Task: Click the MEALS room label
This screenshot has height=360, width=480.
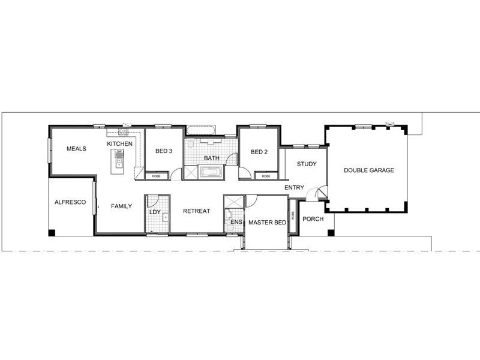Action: tap(76, 149)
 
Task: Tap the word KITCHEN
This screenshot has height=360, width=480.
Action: tap(119, 144)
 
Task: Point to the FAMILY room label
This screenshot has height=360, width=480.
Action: tap(121, 206)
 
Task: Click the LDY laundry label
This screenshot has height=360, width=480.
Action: tap(154, 212)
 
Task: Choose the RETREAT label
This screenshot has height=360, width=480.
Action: tap(196, 211)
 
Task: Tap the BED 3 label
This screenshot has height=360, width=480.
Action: tap(164, 151)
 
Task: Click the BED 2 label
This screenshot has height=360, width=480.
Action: tap(259, 152)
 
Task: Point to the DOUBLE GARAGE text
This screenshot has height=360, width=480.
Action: tap(368, 170)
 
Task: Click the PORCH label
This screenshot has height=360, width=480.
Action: tap(313, 219)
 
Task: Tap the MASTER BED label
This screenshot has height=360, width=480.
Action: tap(267, 223)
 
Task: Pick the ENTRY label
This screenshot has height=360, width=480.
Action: tap(294, 188)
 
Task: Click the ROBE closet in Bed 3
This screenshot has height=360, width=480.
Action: tap(156, 176)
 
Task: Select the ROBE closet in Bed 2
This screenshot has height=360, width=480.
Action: tap(266, 176)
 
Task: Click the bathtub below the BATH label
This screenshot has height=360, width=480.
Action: tap(211, 173)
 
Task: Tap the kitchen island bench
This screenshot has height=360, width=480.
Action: tap(118, 162)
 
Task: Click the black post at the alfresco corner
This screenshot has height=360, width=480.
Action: tap(52, 232)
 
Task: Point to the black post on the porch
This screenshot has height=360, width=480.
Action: tap(329, 232)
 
